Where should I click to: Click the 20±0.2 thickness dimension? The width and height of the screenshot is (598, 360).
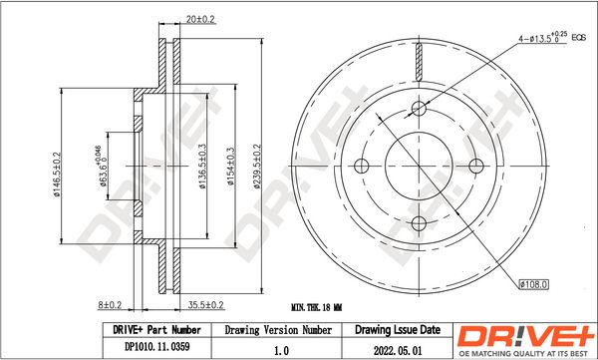pyautogui.click(x=200, y=19)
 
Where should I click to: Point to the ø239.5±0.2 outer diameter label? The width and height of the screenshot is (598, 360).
pyautogui.click(x=257, y=167)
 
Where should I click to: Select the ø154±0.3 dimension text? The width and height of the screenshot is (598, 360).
pyautogui.click(x=230, y=167)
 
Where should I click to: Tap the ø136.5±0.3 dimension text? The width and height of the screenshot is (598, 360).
pyautogui.click(x=202, y=167)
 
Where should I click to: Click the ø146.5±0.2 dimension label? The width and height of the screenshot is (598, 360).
pyautogui.click(x=57, y=175)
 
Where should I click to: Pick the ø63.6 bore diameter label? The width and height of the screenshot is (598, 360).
pyautogui.click(x=100, y=167)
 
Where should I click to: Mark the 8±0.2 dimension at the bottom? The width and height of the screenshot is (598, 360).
pyautogui.click(x=110, y=304)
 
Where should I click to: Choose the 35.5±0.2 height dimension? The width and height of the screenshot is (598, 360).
pyautogui.click(x=206, y=304)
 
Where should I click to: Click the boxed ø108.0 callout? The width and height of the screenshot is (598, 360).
pyautogui.click(x=534, y=284)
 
